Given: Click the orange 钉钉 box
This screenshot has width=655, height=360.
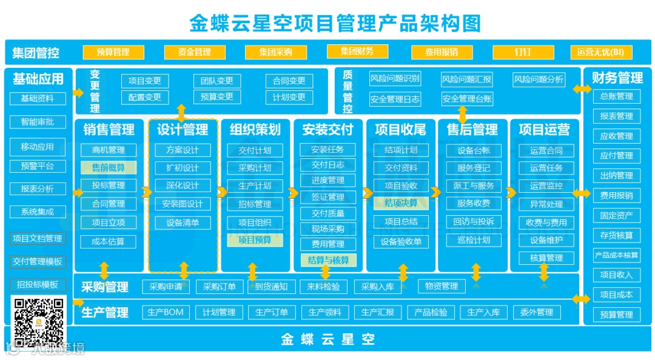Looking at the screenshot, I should [522, 52].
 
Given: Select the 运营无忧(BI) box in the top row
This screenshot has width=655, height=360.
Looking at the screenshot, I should [600, 52].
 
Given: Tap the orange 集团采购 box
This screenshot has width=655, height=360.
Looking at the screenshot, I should [275, 52].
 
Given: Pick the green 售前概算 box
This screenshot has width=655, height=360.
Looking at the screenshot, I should [109, 168].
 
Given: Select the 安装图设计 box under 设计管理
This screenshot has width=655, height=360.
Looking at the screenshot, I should [183, 204].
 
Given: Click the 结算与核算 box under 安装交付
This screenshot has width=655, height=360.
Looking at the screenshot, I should [328, 261].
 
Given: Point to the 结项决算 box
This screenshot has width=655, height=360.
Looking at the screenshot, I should [401, 203].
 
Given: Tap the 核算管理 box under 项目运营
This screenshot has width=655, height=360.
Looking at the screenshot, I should [546, 258].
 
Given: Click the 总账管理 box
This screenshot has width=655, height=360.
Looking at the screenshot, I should [616, 96].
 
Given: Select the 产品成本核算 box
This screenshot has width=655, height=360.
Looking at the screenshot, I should [616, 255].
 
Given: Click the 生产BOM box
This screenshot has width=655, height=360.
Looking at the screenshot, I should [165, 313].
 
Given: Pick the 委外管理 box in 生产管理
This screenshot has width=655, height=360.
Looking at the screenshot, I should [537, 313].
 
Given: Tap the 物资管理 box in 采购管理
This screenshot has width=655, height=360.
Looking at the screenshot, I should [442, 286].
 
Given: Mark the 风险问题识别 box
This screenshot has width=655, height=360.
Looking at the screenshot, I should [395, 79].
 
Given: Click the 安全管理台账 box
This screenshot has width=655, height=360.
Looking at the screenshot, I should [467, 99].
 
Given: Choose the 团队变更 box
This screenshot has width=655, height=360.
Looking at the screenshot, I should [217, 81].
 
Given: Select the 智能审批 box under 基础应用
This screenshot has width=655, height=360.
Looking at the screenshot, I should [38, 122].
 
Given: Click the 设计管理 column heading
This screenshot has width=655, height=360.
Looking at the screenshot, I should [183, 130].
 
